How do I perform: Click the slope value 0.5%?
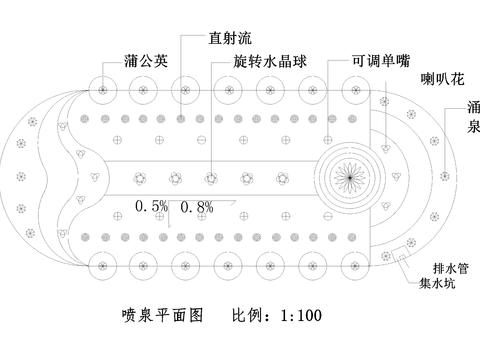point(152,208)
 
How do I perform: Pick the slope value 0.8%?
point(198,208)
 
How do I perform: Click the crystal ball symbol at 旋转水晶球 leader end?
point(210,180)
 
